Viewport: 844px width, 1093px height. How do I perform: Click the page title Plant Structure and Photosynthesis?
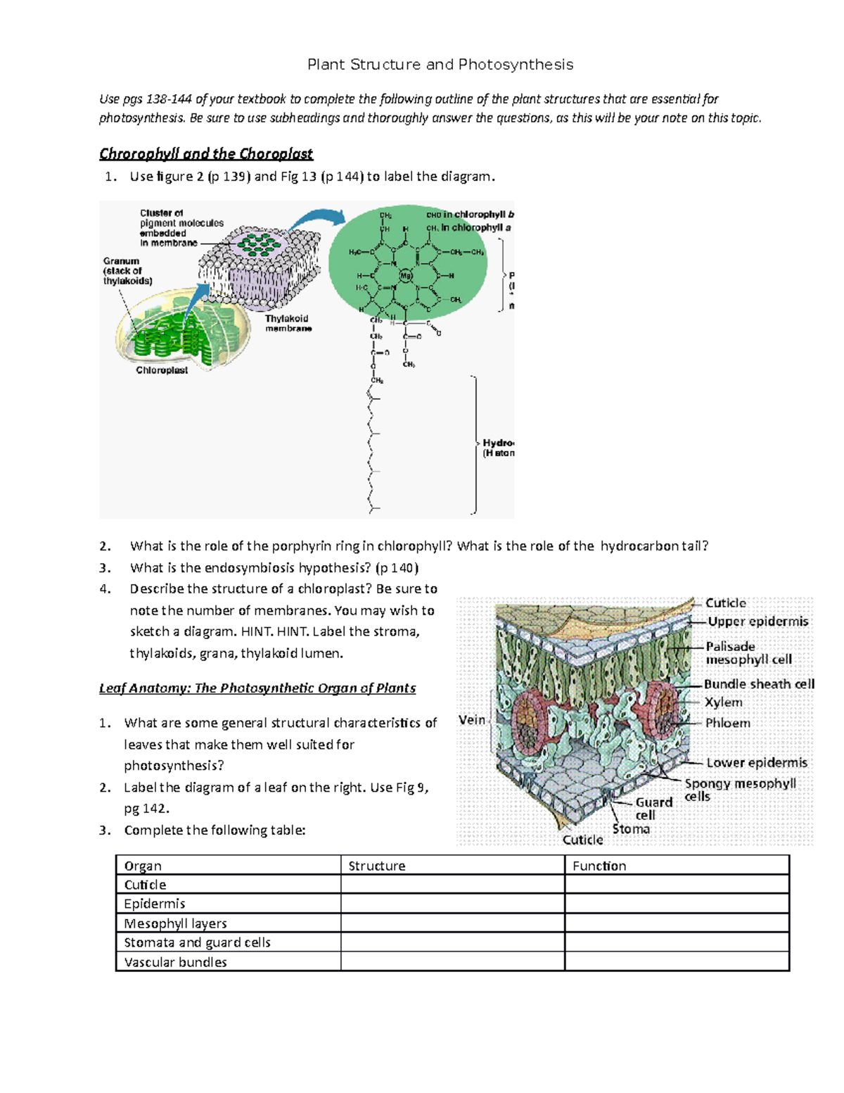coord(440,65)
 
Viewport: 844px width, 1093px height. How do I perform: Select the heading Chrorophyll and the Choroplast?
coord(205,153)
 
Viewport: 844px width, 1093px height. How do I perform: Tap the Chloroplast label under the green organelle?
coord(162,370)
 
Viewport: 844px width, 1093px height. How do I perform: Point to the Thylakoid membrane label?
coord(288,323)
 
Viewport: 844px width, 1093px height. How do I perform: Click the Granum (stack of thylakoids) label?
coord(127,271)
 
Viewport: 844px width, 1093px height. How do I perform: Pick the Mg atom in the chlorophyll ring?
coord(406,276)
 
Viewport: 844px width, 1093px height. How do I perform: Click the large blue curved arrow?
coord(316,220)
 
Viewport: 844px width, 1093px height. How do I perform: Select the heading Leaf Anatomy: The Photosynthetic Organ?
coord(257,688)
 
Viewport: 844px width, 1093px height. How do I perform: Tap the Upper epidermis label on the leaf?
coord(757,621)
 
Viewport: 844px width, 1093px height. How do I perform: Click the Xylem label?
coord(723,702)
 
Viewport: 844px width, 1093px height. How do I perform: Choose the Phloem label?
coord(727,723)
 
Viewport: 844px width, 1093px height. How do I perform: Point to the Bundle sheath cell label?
coord(759,683)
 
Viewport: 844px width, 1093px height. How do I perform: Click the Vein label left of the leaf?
coord(471,719)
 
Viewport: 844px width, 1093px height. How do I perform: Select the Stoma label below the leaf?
coord(631,828)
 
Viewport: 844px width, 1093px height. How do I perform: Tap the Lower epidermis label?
coord(757,762)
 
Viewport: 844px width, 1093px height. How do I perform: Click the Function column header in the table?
coord(599,866)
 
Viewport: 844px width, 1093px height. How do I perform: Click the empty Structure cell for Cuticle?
coord(452,885)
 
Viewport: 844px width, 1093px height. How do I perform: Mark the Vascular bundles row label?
coord(175,961)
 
